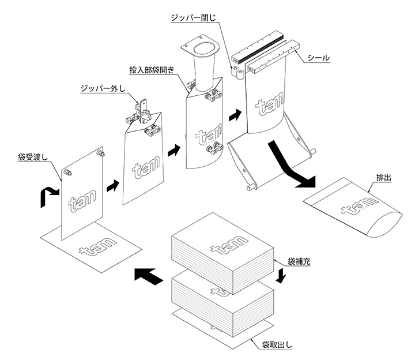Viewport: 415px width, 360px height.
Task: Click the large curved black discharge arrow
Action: point(292,167)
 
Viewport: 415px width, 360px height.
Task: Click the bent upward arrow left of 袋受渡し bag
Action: point(47,197)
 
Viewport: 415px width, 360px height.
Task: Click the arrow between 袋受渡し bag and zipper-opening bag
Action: point(112,186)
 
